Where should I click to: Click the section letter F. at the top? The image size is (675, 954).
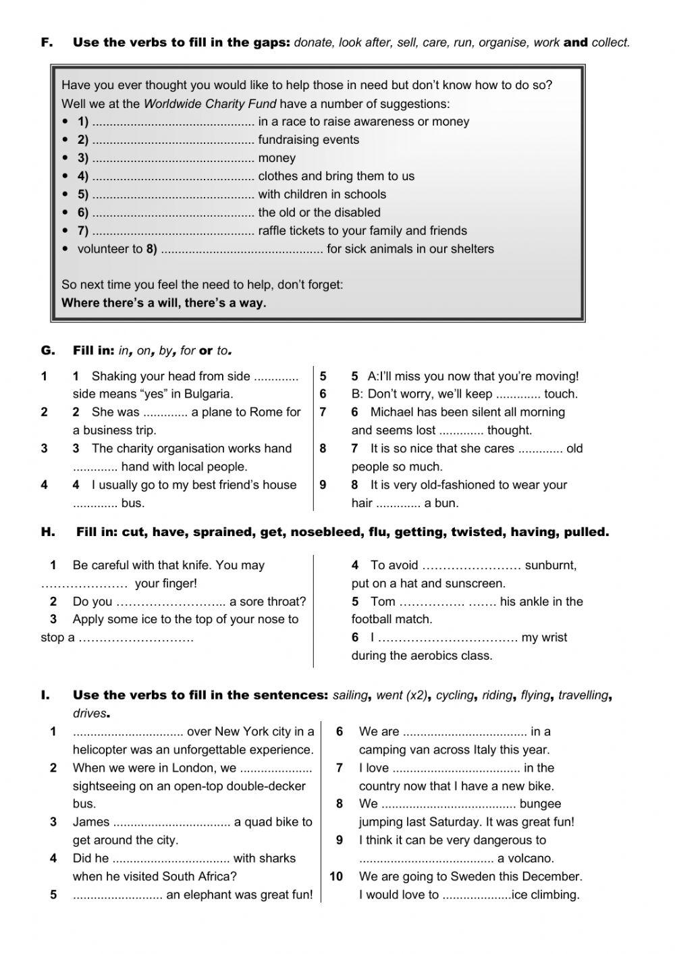coord(47,43)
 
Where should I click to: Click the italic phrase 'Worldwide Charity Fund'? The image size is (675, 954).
coord(210,104)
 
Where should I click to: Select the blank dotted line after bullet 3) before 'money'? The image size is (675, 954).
coord(173,159)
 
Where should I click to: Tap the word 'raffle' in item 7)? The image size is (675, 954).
coord(273,231)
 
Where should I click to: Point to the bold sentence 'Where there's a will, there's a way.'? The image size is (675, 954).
coord(164,303)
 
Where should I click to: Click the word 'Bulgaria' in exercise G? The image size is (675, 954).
coord(209,394)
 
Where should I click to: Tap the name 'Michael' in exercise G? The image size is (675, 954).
coord(392,413)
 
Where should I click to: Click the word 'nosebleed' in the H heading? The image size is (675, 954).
coord(323,533)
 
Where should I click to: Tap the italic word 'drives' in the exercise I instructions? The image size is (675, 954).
coord(90,714)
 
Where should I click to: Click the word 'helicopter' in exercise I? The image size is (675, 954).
coord(102,750)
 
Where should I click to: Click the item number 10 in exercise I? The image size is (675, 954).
coord(336,877)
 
